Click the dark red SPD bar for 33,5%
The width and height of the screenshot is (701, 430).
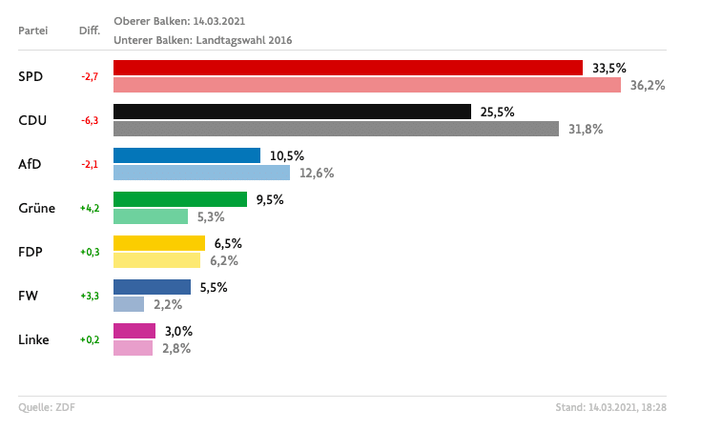pyautogui.click(x=347, y=68)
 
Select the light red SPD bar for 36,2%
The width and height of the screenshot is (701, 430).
pyautogui.click(x=367, y=85)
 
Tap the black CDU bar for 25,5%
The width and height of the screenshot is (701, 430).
pyautogui.click(x=292, y=112)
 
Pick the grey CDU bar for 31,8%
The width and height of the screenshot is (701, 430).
pyautogui.click(x=336, y=129)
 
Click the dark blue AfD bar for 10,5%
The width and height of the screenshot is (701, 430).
pyautogui.click(x=187, y=155)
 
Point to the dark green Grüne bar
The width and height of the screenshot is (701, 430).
pyautogui.click(x=180, y=199)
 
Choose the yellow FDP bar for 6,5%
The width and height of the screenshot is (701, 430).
pyautogui.click(x=159, y=243)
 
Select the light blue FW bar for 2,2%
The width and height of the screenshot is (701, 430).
pyautogui.click(x=129, y=304)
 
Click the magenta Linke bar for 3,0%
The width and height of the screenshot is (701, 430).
pyautogui.click(x=134, y=331)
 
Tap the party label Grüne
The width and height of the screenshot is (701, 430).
pyautogui.click(x=37, y=208)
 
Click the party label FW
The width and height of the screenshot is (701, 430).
pyautogui.click(x=28, y=296)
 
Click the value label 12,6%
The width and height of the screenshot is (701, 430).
pyautogui.click(x=316, y=173)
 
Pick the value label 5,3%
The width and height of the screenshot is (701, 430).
pyautogui.click(x=213, y=216)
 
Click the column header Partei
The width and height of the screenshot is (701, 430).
pyautogui.click(x=33, y=31)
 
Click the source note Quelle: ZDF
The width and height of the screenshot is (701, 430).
pyautogui.click(x=47, y=408)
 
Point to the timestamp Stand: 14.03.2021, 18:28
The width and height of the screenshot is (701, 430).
pyautogui.click(x=610, y=408)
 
